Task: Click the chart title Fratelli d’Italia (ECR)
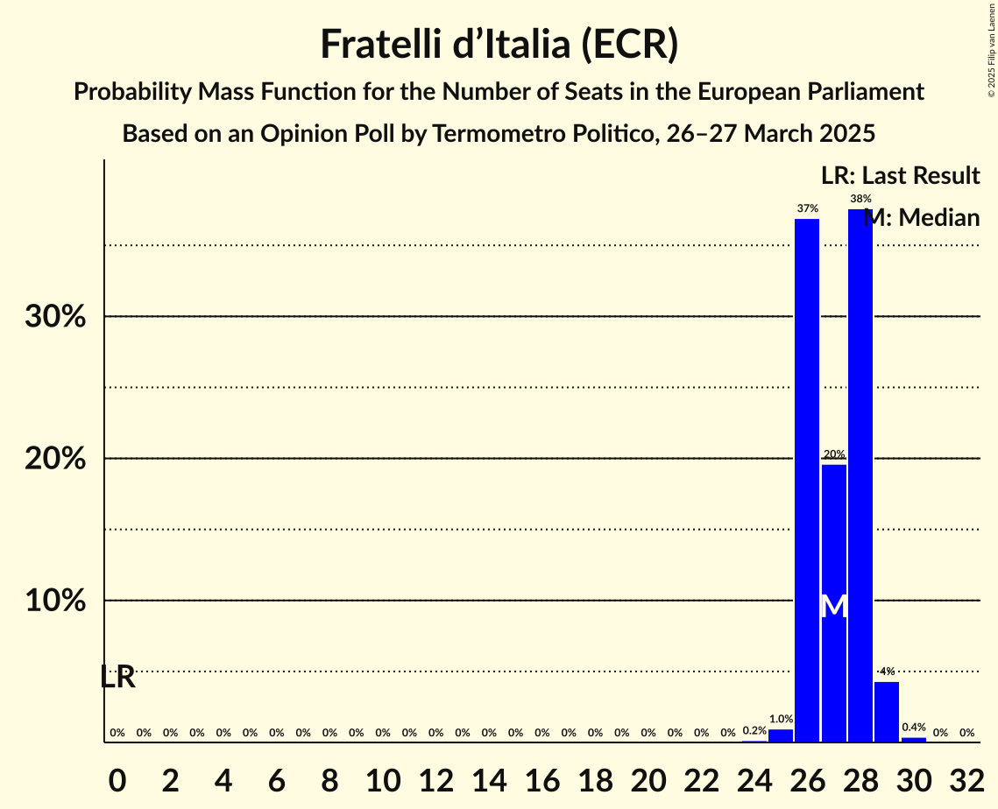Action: point(499,45)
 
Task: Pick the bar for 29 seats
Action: point(887,712)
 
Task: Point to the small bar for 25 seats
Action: point(781,735)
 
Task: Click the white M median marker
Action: point(834,606)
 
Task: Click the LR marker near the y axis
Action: point(117,677)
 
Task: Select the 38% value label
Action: point(860,199)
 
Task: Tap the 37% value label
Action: point(807,208)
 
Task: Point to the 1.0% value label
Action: point(781,719)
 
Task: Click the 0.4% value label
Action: point(914,728)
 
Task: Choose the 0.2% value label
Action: point(754,730)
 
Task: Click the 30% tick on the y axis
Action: point(55,316)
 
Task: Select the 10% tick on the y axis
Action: point(55,601)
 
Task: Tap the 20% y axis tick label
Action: point(55,459)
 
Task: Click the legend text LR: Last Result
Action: point(900,176)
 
